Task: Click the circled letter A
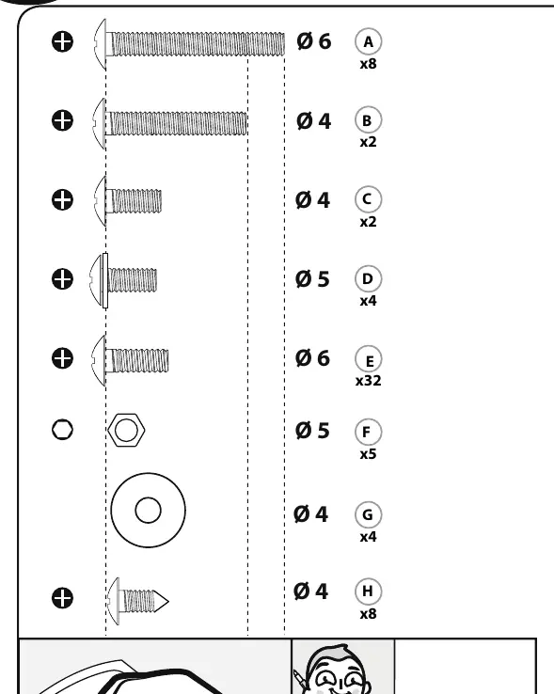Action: coord(368,41)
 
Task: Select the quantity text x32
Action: coord(368,381)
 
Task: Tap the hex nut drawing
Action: coord(126,430)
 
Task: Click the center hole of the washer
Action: coord(148,510)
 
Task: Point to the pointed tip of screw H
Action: coord(168,602)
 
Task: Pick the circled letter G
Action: coord(368,514)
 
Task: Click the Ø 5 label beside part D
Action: coord(312,279)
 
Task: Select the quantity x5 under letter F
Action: coord(368,454)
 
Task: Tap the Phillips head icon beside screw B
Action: coord(62,120)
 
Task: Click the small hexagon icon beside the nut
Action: coord(62,430)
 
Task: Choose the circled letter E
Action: coord(368,359)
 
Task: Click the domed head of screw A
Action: coord(100,44)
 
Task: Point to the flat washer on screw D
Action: coord(105,280)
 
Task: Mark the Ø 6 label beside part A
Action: coord(313,41)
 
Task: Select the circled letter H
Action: coord(368,591)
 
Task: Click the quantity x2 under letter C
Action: coord(368,221)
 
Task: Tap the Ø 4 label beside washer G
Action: coord(310,514)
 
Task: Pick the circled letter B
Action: coord(368,120)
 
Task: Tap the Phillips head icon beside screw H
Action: coord(62,598)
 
